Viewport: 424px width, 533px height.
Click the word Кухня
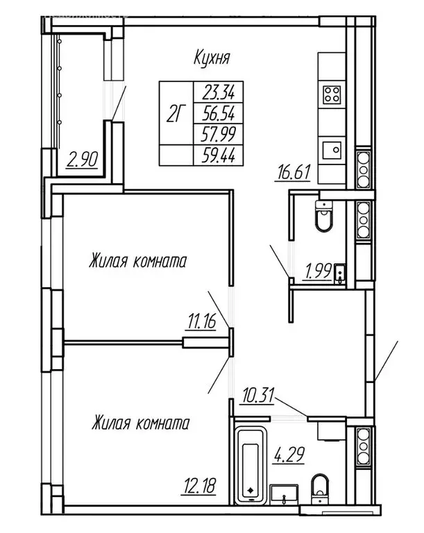[212, 58]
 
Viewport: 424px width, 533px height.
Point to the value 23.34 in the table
[219, 90]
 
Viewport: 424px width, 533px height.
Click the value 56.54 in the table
[219, 112]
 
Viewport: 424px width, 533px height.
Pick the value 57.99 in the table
[219, 133]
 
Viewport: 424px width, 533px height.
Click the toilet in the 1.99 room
[324, 217]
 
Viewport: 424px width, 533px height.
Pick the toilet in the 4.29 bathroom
[320, 487]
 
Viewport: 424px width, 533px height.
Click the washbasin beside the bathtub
[285, 494]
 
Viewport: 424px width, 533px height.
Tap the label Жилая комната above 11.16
[139, 262]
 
